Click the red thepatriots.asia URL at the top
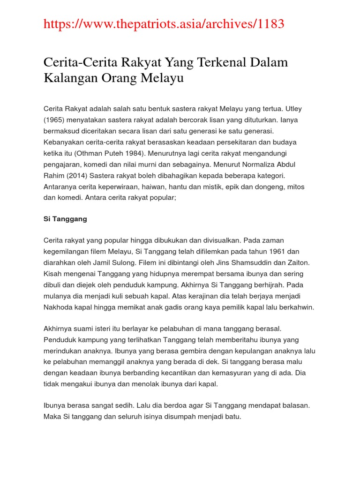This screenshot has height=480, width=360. pyautogui.click(x=164, y=24)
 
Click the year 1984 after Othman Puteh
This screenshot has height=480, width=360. pyautogui.click(x=145, y=153)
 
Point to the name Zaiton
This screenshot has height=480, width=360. pyautogui.click(x=297, y=262)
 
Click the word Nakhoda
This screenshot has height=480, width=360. pyautogui.click(x=59, y=307)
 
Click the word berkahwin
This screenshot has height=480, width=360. pyautogui.click(x=298, y=307)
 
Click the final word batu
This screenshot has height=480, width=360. pyautogui.click(x=233, y=416)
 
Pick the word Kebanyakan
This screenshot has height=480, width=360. pyautogui.click(x=65, y=142)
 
